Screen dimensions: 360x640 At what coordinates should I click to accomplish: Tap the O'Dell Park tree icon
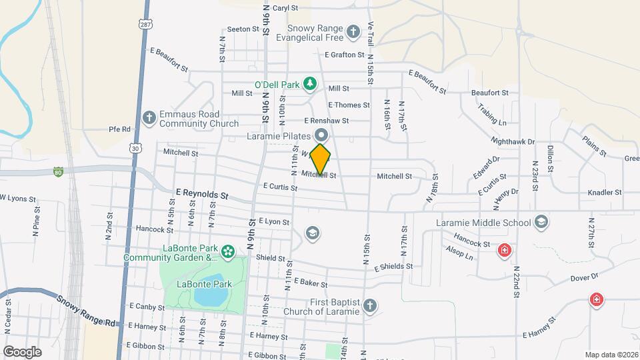(x=309, y=83)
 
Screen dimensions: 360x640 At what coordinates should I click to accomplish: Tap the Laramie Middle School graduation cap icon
(x=542, y=222)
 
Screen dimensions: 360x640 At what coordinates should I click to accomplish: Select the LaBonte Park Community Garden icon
(x=228, y=251)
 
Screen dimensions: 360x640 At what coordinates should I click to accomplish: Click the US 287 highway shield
(x=145, y=23)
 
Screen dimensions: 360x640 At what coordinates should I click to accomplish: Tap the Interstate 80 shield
(x=59, y=171)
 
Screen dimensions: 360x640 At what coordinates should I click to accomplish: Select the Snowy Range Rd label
(x=86, y=311)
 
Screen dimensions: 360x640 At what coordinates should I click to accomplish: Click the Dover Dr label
(x=585, y=275)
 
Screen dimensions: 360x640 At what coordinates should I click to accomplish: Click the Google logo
(x=22, y=351)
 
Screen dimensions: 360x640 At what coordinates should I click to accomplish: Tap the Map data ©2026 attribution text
(x=611, y=355)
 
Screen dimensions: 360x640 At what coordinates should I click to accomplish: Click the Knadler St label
(x=604, y=192)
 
